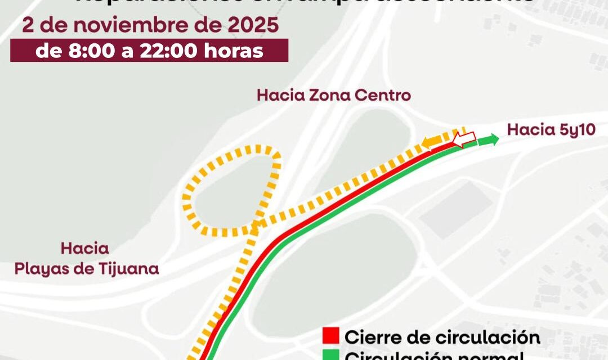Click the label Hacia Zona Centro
(333, 95)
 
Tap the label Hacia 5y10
(551, 130)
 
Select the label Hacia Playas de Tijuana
(86, 258)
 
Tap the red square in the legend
(330, 336)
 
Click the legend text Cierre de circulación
(442, 337)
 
